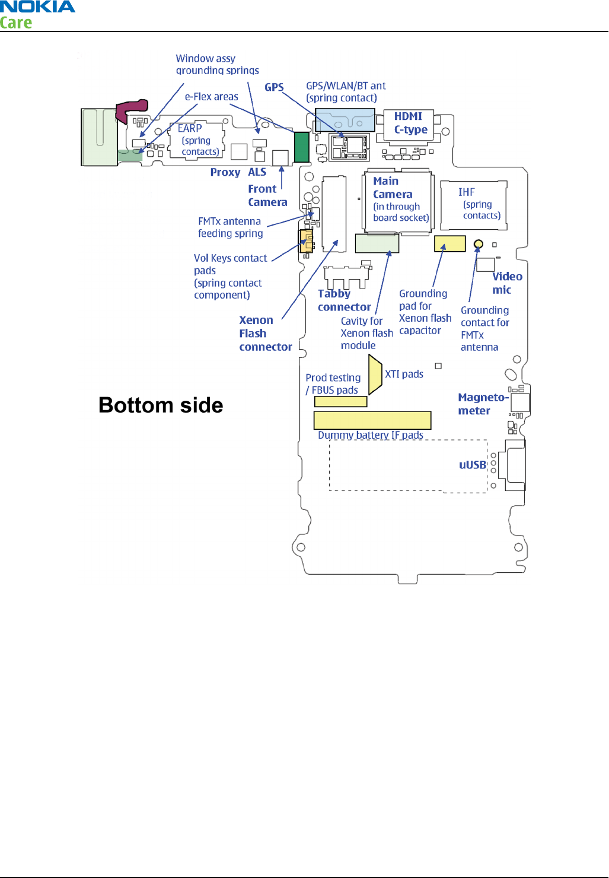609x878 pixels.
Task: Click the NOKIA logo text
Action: coord(37,7)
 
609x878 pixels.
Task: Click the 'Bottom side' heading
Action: coord(161,405)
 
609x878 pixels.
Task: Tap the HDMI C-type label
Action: coord(410,123)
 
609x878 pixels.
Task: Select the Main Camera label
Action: coord(393,188)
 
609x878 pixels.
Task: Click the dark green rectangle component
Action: coord(302,147)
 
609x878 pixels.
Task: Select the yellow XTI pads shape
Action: coord(375,374)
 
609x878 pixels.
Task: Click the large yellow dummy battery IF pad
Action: coord(372,420)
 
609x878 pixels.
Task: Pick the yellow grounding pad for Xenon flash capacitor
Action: coord(449,243)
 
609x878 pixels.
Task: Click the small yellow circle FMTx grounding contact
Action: coord(479,244)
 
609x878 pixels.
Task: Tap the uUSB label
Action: coord(473,465)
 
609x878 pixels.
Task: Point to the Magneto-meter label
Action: coord(482,404)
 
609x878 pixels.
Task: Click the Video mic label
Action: coord(507,283)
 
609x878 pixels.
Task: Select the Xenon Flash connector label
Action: coord(265,334)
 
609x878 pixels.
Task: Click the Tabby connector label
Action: coord(344,300)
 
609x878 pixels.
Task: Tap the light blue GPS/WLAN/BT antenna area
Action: coord(345,120)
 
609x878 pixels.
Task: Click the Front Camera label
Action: coord(267,195)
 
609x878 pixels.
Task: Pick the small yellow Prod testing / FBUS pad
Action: coord(340,402)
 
